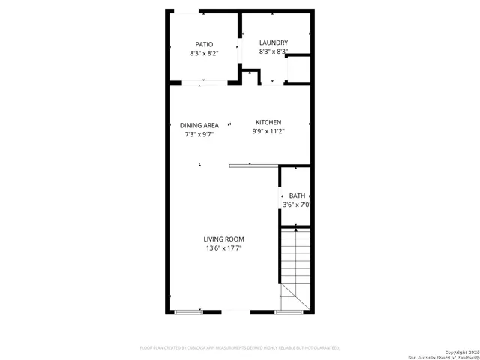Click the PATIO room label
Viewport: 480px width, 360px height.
[204, 44]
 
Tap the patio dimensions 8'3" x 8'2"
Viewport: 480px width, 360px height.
[204, 54]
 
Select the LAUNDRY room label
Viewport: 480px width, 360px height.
[274, 43]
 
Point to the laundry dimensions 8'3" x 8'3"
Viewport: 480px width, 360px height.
[274, 52]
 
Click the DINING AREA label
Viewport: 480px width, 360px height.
[199, 125]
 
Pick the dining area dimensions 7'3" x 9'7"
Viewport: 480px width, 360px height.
[199, 135]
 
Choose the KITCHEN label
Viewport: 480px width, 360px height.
[268, 122]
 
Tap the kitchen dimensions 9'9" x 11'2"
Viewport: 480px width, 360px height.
[268, 132]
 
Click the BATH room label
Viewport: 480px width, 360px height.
[298, 195]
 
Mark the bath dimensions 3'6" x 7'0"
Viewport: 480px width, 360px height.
[297, 205]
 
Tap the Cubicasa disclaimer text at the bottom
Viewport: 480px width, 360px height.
[240, 348]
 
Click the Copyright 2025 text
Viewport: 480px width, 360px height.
[460, 350]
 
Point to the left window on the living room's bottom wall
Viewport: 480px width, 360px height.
[189, 311]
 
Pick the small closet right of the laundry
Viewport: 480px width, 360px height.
[298, 69]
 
